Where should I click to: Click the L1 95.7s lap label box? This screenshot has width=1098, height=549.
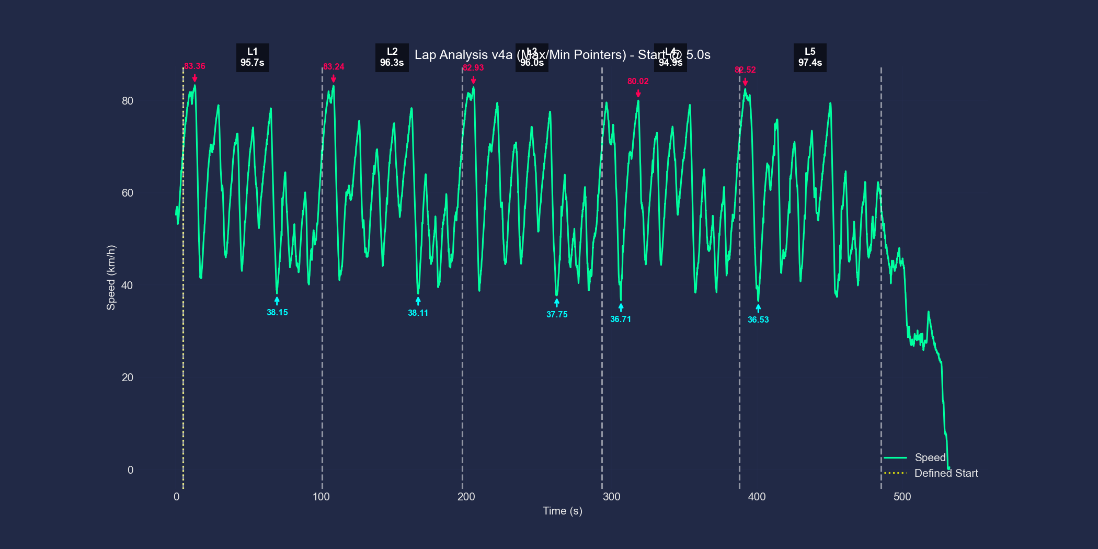253,57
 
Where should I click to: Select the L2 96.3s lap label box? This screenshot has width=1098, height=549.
392,57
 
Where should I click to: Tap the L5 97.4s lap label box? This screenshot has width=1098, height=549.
810,57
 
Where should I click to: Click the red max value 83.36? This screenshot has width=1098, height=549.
195,66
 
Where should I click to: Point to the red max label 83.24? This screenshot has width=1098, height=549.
334,67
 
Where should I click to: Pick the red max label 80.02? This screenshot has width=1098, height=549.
638,82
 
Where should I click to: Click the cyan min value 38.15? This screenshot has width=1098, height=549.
277,313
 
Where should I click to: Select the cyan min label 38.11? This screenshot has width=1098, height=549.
418,313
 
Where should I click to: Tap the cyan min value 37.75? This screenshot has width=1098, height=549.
557,315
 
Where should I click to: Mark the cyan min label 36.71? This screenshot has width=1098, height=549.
621,319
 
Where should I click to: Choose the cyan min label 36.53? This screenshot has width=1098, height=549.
758,320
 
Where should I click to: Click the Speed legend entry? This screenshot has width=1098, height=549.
930,458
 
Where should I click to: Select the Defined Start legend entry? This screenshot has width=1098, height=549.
945,473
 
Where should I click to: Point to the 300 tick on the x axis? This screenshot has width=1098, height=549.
611,497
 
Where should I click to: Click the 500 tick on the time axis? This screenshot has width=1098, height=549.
902,497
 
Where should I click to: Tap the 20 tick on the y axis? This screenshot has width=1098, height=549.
128,378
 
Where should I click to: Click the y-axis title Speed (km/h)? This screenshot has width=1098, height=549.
111,278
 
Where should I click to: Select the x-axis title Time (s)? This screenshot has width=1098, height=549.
562,511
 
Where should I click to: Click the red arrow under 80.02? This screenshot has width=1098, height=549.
638,93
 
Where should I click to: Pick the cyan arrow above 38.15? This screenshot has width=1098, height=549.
277,301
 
